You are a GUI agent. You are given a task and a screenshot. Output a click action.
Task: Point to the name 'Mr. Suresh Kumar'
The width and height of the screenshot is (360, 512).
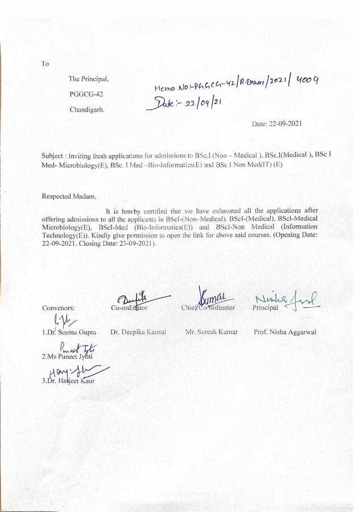(x=212, y=331)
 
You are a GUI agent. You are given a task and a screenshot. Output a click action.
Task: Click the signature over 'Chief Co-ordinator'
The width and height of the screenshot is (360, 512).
(x=213, y=296)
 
